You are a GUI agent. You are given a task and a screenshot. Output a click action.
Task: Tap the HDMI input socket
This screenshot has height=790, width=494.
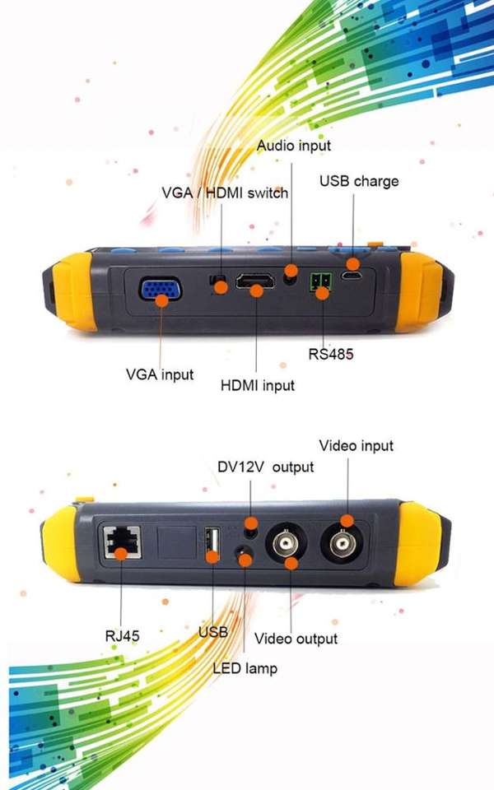pos(255,282)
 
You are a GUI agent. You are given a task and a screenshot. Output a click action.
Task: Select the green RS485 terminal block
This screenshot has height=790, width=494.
pos(320,282)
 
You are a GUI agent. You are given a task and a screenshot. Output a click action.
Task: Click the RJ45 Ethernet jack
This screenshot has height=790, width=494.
pos(122,542)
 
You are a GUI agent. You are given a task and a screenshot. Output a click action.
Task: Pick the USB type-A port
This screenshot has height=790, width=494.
pos(212,542)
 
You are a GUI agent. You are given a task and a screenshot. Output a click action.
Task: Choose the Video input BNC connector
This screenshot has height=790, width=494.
pos(341,543)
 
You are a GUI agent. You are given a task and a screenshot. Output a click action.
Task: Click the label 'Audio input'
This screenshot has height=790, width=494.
pos(294,146)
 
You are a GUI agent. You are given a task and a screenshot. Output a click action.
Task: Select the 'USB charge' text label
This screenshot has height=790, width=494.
pos(359,181)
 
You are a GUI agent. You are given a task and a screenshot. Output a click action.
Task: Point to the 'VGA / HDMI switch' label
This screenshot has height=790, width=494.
pos(225,193)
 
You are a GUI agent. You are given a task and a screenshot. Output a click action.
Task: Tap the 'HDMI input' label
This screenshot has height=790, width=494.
pos(258,385)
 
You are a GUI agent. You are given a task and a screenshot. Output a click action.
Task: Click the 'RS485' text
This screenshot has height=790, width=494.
pos(331,354)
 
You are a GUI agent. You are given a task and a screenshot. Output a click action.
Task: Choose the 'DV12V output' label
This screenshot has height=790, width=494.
pos(266,467)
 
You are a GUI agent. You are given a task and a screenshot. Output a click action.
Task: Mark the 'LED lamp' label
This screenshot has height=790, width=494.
pos(245,668)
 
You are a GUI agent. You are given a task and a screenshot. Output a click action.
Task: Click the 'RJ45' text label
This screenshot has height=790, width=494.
pos(122,636)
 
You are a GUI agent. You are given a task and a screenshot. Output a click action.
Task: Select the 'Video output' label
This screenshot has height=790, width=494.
pos(296,639)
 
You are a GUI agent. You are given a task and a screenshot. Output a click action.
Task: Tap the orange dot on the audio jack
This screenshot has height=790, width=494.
pos(291,270)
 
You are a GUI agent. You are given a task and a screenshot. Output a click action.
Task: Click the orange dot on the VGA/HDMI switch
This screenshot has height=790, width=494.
pos(221,288)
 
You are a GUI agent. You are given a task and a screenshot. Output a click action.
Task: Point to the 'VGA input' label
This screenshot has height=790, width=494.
pos(160,374)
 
